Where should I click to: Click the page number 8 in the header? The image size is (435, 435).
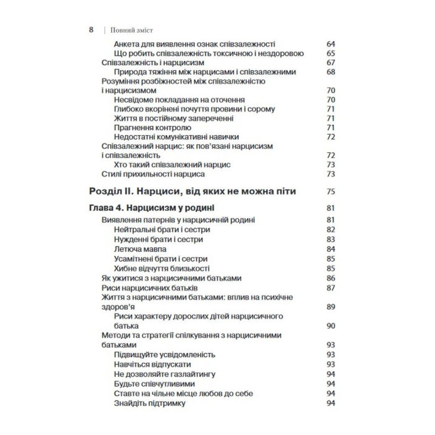92,30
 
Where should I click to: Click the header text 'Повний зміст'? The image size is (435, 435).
130,30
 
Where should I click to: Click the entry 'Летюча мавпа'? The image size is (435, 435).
140,249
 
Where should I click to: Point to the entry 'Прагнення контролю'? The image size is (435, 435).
152,127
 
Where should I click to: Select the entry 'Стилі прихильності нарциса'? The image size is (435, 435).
153,174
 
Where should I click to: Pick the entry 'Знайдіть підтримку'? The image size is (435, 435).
150,403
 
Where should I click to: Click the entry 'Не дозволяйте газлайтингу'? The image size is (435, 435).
165,374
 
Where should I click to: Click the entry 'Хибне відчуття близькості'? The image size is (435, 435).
162,268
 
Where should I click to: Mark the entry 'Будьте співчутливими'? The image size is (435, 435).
154,384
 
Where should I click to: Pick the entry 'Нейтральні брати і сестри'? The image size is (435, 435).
162,230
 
